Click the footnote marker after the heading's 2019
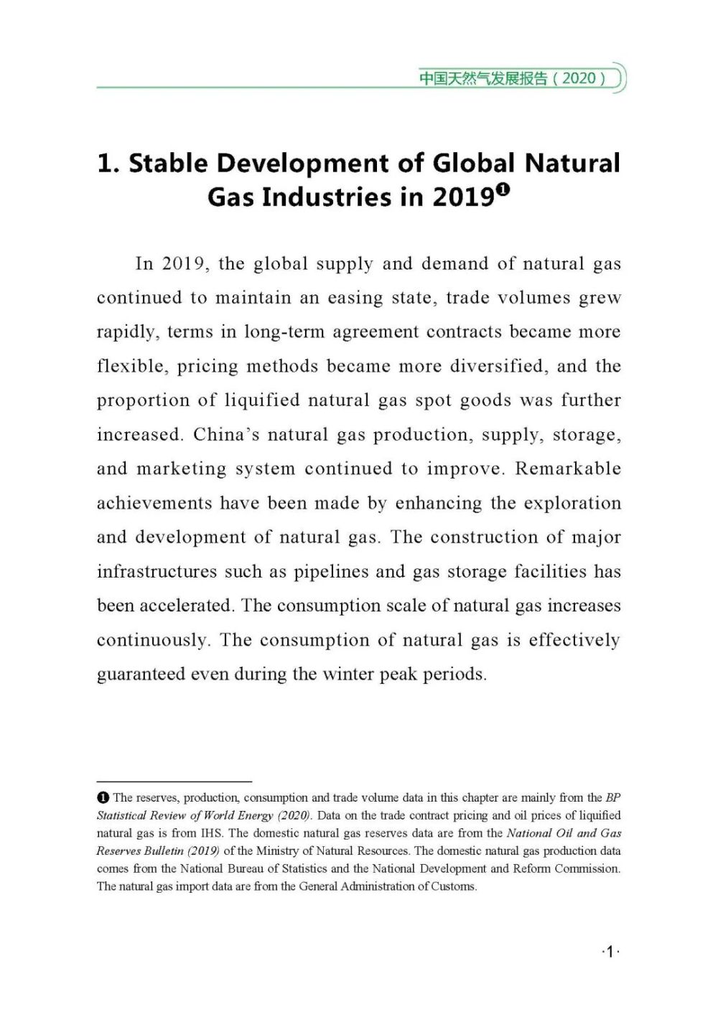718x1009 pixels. tap(503, 189)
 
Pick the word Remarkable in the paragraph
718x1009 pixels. tap(568, 469)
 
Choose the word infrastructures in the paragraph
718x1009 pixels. tap(156, 572)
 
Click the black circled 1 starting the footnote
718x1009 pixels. tap(103, 797)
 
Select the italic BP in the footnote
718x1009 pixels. tap(613, 797)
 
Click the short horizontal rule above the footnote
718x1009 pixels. tap(174, 782)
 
